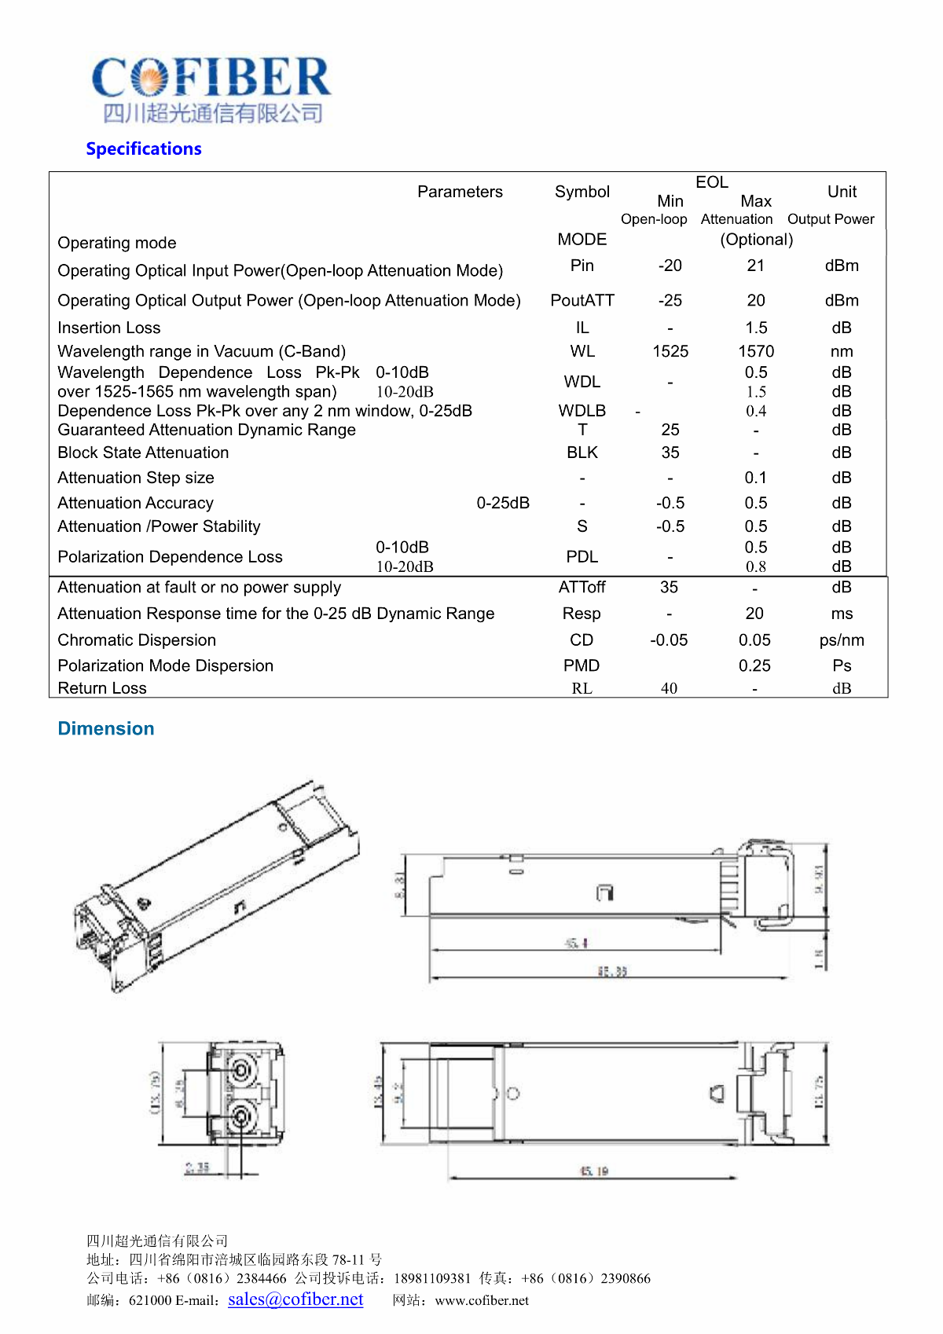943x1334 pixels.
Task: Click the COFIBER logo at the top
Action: click(211, 88)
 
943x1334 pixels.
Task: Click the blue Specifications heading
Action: click(144, 148)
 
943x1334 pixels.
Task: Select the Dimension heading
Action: click(106, 728)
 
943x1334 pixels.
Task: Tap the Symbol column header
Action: click(582, 192)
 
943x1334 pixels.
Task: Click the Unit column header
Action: click(842, 192)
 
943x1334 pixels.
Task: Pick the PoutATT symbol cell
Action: click(582, 300)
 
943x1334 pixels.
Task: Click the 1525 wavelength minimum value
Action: click(670, 351)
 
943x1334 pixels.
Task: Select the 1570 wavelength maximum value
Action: click(756, 351)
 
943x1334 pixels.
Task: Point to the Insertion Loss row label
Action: click(109, 328)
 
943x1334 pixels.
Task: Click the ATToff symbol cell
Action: click(582, 587)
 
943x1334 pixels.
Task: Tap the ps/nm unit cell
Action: click(842, 640)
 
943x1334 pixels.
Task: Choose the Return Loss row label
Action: click(102, 688)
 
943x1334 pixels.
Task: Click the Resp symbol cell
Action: click(582, 614)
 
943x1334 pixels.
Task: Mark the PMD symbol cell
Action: click(582, 665)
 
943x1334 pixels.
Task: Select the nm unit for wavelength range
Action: click(842, 351)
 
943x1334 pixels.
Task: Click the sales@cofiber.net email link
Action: click(295, 1299)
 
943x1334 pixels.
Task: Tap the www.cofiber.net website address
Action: click(482, 1300)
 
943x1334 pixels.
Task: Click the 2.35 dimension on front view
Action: click(197, 1167)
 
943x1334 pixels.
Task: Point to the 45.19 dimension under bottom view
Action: click(594, 1171)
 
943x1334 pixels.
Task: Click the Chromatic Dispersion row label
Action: click(137, 640)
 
